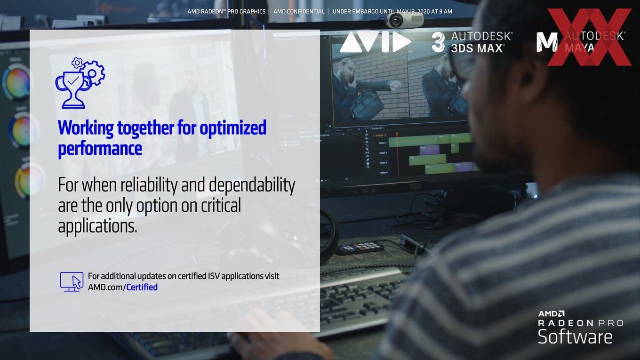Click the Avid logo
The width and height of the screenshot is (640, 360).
click(376, 42)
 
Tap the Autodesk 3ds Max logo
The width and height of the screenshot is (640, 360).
click(472, 42)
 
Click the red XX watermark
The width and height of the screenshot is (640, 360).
click(590, 37)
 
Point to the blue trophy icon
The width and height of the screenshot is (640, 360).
click(80, 83)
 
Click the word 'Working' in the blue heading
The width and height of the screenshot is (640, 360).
click(86, 128)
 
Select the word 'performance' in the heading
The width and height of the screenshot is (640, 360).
click(100, 149)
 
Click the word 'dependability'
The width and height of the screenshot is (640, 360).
click(252, 185)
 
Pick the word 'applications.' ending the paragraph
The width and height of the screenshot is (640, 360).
click(98, 226)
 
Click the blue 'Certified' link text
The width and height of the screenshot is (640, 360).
click(142, 287)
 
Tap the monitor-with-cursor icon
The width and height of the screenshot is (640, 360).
click(72, 282)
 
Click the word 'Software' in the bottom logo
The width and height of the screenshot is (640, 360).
click(575, 336)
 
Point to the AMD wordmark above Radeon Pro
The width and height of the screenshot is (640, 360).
click(552, 314)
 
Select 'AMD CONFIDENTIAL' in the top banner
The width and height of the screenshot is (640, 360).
click(299, 11)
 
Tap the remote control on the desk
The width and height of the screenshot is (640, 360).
click(360, 248)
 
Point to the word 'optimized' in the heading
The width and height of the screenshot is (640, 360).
click(233, 128)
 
